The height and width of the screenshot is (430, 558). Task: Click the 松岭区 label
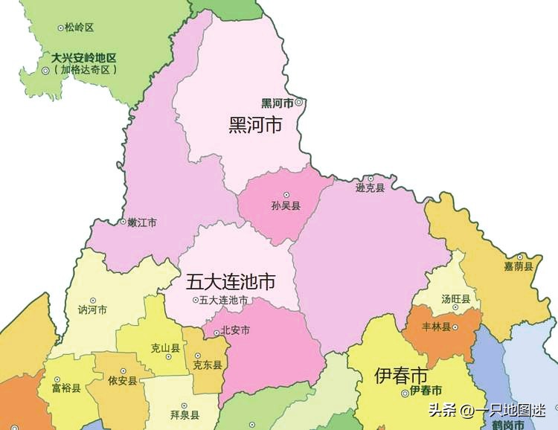coord(79,28)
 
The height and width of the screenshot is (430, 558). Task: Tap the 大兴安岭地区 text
coord(85,57)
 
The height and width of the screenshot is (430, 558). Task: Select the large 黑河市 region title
coord(255,125)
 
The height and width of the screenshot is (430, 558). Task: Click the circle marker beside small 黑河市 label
coord(299,103)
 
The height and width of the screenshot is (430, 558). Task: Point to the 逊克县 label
coord(370,188)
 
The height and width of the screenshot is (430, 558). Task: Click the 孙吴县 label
coord(286,206)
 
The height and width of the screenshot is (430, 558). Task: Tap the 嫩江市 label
coord(141,222)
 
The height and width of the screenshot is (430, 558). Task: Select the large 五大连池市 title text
coord(231,282)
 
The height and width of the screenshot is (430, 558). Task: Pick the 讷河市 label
coord(93,310)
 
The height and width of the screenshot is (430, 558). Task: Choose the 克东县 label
coord(207,365)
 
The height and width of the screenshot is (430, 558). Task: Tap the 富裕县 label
coord(66,388)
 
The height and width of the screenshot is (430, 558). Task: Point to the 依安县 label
coord(122,380)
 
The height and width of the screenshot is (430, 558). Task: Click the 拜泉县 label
coord(184,414)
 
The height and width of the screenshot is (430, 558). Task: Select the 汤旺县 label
coord(455,299)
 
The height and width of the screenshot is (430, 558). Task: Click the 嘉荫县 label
coord(519,266)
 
